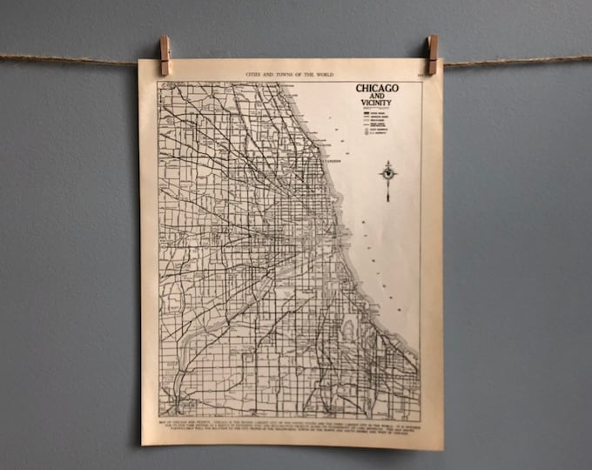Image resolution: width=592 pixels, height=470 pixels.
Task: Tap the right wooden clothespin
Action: tap(432, 54)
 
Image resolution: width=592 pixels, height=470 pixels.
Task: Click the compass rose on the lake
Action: tap(388, 171)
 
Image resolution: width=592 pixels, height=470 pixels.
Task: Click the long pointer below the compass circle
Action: tap(388, 191)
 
